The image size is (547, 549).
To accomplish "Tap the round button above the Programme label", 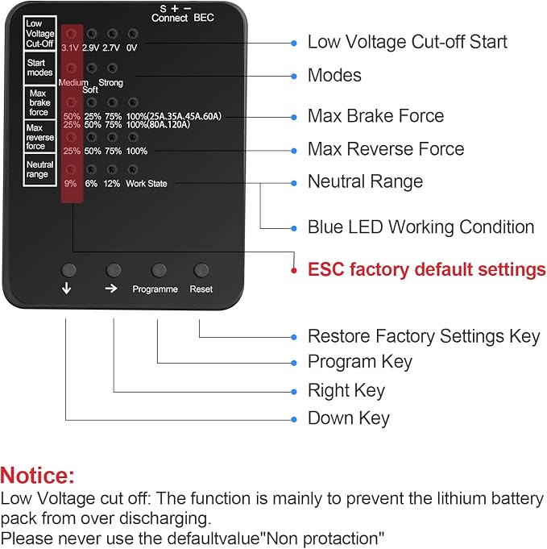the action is (159, 270).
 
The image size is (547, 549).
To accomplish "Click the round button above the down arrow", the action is (68, 270).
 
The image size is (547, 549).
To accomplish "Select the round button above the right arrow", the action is (114, 270).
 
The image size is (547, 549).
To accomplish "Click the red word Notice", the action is (37, 475).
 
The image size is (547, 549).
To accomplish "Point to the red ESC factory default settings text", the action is (427, 270).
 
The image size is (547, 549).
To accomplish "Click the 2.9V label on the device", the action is (91, 48).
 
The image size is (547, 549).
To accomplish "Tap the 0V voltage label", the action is (131, 48).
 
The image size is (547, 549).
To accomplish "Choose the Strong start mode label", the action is (110, 82).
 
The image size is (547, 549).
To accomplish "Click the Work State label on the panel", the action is (147, 184).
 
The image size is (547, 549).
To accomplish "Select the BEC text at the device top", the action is (204, 18).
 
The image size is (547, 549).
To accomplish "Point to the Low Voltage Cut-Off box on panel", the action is (40, 33).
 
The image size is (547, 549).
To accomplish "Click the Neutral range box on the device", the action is (40, 169).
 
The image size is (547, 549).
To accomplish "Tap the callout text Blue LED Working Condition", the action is (421, 227).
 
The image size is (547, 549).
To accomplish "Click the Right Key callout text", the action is (346, 391).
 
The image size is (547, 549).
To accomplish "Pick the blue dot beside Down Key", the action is (294, 419).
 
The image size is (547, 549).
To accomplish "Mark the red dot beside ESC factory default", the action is (294, 270).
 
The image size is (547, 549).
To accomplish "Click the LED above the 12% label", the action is (112, 170).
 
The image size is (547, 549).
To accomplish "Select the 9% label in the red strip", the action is (70, 184).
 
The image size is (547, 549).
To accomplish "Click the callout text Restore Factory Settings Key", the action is (425, 336).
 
